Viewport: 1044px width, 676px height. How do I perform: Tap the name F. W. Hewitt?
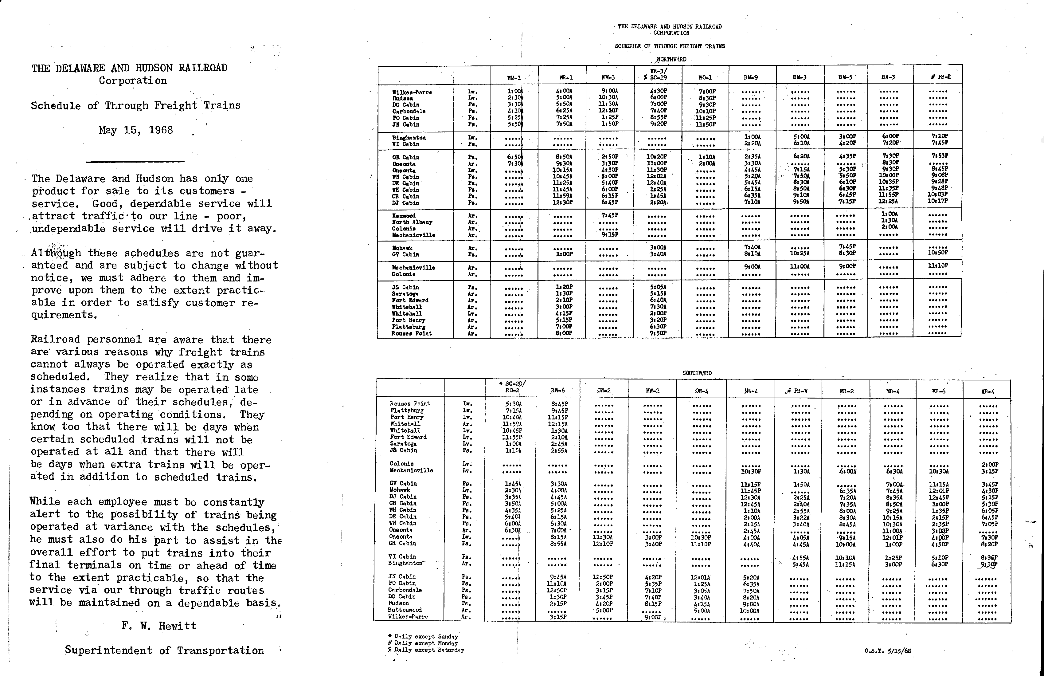pos(159,626)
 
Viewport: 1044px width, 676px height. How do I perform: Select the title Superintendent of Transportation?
pos(165,650)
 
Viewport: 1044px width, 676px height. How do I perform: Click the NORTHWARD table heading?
pos(671,59)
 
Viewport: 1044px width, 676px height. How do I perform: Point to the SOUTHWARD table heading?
pos(697,373)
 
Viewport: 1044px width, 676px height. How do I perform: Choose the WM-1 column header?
pos(514,78)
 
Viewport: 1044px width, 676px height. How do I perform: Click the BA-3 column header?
pos(888,77)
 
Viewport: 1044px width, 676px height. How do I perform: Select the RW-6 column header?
pos(557,391)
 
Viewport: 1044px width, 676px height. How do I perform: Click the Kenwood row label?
pos(404,215)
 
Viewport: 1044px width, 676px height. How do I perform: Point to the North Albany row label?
pos(412,222)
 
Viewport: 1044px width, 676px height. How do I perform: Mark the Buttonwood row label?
pos(405,610)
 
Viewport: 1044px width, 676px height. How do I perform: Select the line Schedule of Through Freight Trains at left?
pos(135,105)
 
